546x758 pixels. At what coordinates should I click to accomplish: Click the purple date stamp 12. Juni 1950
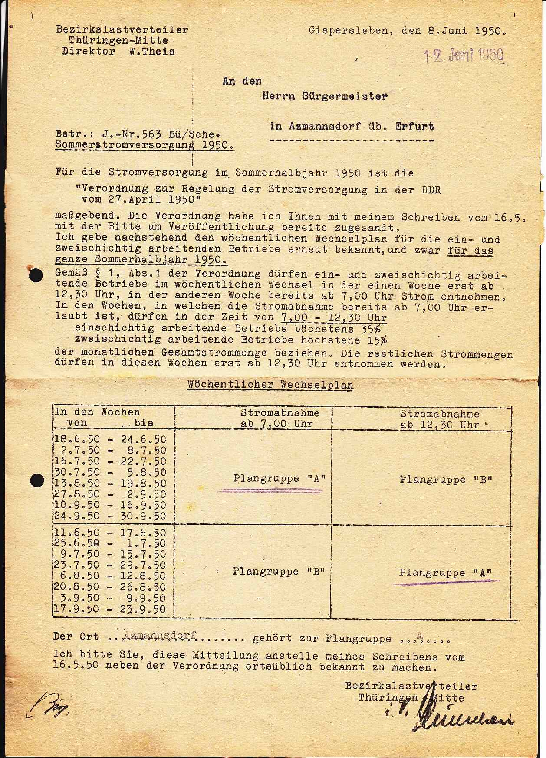pos(463,56)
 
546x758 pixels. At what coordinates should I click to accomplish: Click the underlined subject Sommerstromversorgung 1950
pos(144,145)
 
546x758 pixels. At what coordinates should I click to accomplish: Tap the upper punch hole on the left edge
pos(36,276)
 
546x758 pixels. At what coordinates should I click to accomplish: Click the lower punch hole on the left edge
pos(37,480)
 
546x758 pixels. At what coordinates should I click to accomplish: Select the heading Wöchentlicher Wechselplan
pos(270,385)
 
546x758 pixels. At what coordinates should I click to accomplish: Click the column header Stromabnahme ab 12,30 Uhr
pos(440,419)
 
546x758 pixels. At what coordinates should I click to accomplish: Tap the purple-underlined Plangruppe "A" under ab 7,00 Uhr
pos(279,479)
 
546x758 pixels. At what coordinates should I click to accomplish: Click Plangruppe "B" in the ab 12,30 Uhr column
pos(446,480)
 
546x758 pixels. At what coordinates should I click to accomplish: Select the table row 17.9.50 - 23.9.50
pos(110,609)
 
